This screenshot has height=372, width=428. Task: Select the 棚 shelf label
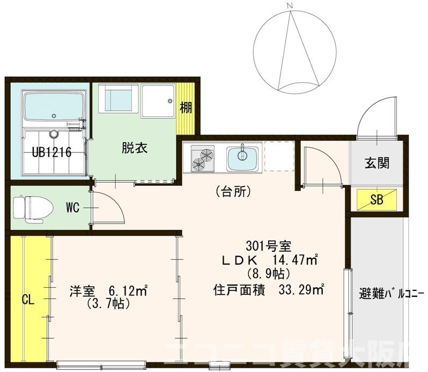186,108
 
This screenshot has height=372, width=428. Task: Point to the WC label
73,207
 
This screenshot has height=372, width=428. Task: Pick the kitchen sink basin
242,157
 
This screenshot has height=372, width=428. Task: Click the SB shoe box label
377,200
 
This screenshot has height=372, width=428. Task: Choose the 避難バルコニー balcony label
391,294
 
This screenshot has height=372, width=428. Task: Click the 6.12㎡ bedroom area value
128,291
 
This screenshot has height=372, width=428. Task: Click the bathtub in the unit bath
54,105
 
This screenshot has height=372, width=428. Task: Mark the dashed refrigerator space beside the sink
279,156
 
